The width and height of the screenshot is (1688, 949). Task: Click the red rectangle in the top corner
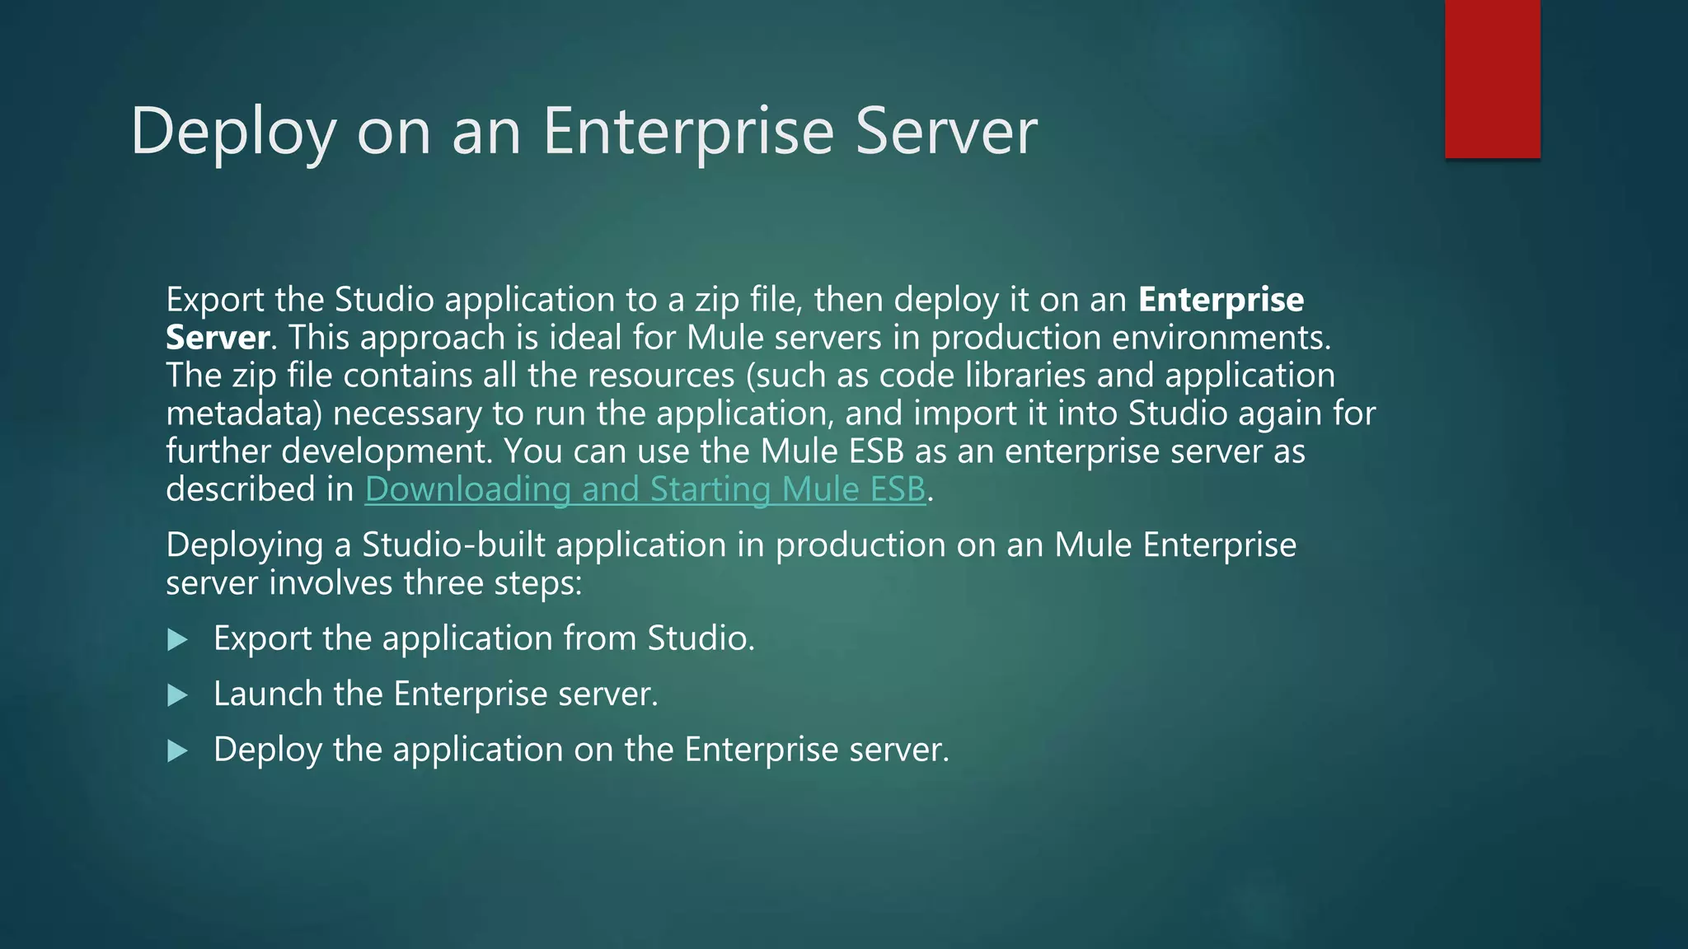1492,79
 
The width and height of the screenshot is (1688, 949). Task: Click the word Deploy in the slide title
233,132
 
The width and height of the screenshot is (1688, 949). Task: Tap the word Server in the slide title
946,132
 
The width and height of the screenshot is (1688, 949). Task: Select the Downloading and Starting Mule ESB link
645,489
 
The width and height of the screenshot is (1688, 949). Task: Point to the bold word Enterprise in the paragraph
1221,300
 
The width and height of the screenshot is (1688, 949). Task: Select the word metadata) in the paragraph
244,414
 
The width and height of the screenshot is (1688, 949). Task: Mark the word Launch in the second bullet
268,694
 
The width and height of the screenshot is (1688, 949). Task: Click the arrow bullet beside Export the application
177,640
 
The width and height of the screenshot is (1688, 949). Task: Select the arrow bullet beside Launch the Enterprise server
177,696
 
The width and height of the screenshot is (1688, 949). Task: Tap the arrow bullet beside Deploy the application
177,751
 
